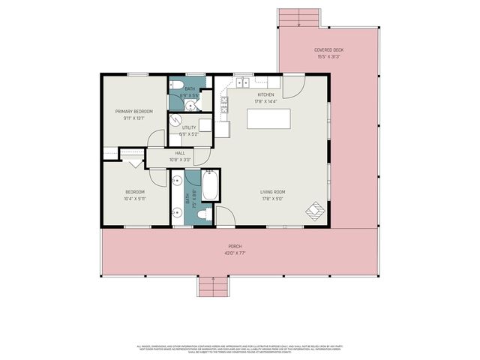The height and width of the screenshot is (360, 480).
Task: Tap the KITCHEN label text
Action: pos(266,94)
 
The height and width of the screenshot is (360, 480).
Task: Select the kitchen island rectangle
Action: pos(268,119)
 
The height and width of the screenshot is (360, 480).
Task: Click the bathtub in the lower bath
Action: pos(209,185)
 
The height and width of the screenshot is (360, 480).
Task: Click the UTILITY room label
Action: pos(189,127)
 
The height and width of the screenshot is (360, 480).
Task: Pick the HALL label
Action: pos(180,153)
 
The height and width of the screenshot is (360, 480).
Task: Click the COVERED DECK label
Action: pos(329,50)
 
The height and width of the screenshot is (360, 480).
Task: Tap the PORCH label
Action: pos(235,246)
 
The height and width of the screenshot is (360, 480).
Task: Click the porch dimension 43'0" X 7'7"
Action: pos(235,253)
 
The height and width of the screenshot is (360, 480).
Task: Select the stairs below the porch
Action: pos(214,286)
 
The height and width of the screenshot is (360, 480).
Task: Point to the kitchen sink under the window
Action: pos(243,82)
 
